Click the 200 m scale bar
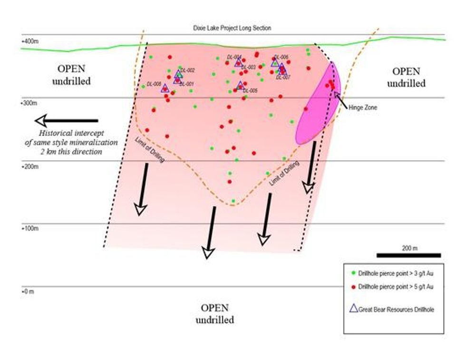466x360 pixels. pyautogui.click(x=408, y=255)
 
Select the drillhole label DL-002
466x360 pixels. pyautogui.click(x=188, y=70)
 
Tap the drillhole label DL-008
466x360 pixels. pyautogui.click(x=154, y=84)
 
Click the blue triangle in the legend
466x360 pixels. pyautogui.click(x=354, y=309)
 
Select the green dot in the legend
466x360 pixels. pyautogui.click(x=352, y=273)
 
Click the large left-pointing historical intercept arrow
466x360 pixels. pyautogui.click(x=67, y=120)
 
